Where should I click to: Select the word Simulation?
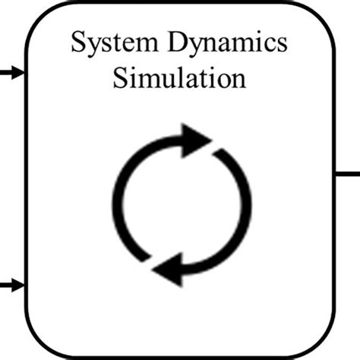(x=179, y=79)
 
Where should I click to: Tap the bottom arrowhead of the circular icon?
(x=170, y=267)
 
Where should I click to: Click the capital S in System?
(x=78, y=43)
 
